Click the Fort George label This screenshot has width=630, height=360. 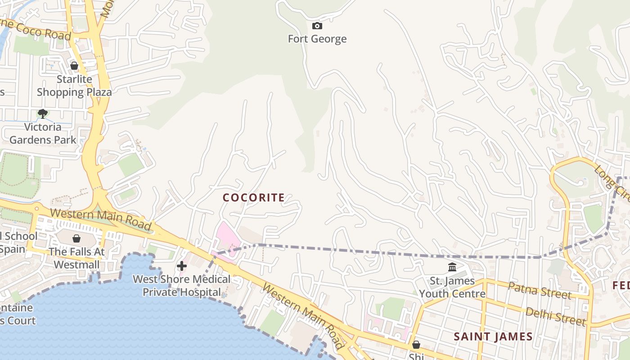pos(317,39)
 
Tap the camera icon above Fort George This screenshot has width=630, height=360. pos(317,26)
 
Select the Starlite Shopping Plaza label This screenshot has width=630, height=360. pos(74,85)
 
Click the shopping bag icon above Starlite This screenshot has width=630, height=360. pos(74,66)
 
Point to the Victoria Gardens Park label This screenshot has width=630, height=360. pos(43,133)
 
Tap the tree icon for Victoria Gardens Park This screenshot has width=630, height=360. pos(43,113)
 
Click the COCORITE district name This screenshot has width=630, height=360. pos(254,198)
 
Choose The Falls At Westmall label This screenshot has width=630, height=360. pos(76,258)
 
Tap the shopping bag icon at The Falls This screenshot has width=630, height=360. pos(76,238)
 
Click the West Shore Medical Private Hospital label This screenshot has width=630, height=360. pos(182,285)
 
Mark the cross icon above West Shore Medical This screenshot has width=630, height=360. pos(182,266)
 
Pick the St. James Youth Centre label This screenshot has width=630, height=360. pos(452,287)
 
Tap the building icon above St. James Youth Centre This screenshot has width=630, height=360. pos(452,267)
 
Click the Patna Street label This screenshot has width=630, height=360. pos(540,290)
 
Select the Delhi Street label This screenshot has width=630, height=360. pos(556,316)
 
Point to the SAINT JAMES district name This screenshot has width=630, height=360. pos(493,337)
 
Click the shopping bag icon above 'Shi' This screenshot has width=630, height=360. pos(416,345)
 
